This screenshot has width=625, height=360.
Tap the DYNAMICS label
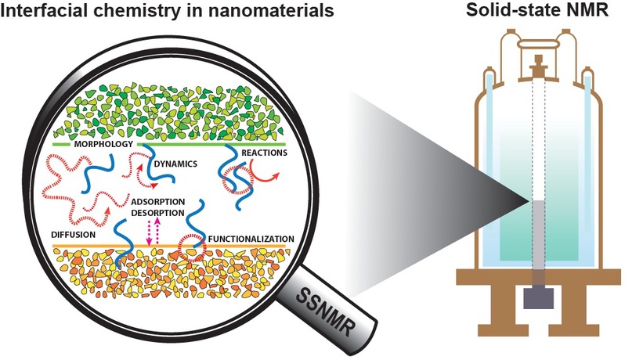(x=173, y=164)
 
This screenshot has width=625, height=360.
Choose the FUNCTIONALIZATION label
(x=251, y=237)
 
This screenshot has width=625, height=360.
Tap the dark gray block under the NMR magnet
(x=538, y=298)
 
